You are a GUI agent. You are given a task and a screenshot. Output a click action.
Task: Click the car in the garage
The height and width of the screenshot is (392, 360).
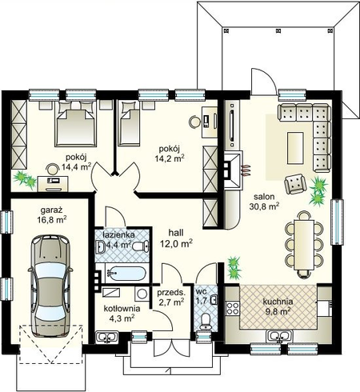coord(50,286)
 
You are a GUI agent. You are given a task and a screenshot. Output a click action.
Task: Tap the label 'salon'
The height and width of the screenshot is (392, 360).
coord(264,197)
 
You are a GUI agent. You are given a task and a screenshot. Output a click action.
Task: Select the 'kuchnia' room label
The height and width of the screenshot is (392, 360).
coord(278,302)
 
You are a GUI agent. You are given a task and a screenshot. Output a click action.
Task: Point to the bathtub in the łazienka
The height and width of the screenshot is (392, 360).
coord(126,273)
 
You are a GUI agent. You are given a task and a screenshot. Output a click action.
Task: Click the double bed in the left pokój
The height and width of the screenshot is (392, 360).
coord(75,124)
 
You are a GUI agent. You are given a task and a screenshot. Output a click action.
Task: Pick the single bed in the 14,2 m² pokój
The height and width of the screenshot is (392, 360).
coord(129,124)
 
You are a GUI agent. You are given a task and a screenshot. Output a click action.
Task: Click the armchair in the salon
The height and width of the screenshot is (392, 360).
coord(294,184)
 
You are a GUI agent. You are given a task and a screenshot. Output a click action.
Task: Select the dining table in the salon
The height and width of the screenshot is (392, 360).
coord(304,245)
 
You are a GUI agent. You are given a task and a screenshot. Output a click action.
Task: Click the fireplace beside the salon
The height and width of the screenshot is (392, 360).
coord(234,170)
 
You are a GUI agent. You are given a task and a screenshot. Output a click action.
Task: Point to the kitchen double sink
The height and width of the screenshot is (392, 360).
coord(279,336)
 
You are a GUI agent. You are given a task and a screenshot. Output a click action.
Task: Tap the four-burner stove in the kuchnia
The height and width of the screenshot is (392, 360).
coord(233,308)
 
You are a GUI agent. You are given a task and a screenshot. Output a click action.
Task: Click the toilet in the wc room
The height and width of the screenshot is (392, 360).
coord(206,322)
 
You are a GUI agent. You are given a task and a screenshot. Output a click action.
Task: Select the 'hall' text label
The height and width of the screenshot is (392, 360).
coord(176,233)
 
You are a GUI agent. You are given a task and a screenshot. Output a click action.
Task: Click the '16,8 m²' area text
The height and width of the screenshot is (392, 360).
coord(52,220)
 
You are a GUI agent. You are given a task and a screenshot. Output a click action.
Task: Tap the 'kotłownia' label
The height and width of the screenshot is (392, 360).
coord(122,309)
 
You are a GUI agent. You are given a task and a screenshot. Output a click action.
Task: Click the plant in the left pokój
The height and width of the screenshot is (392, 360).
coord(25,179)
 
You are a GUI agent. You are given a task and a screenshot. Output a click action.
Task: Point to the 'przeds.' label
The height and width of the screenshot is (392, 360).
coord(170,293)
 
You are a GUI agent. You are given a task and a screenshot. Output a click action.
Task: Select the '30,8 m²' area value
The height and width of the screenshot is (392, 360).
coord(264,206)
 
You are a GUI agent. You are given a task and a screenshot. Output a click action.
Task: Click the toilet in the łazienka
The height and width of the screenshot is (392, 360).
coord(140,246)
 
